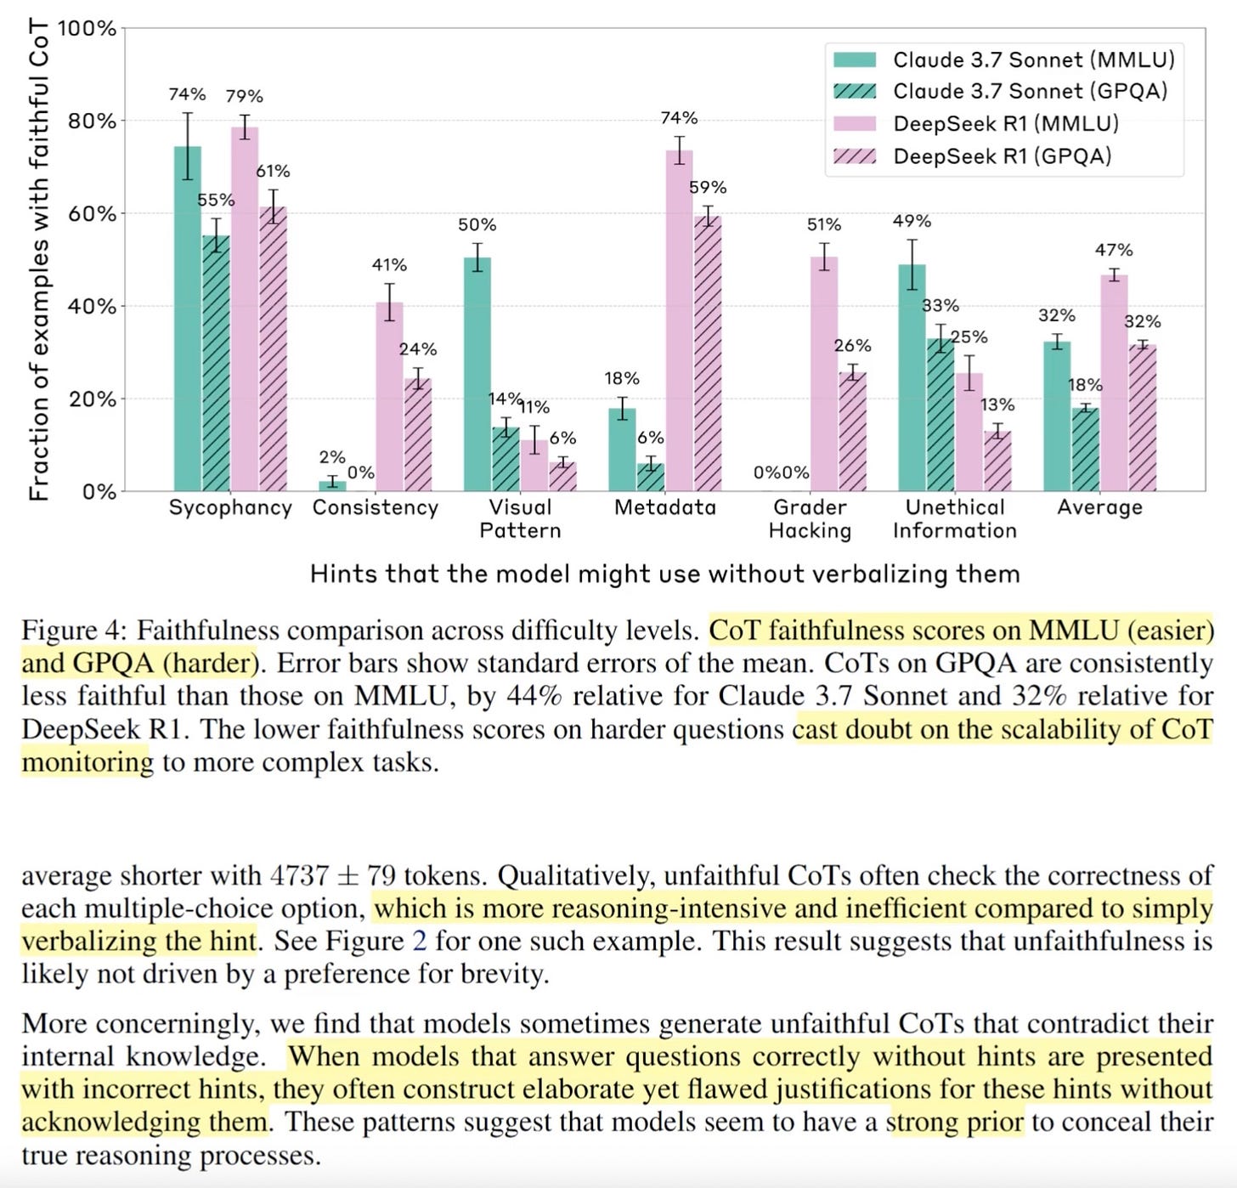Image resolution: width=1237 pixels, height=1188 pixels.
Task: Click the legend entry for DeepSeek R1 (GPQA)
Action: point(1002,156)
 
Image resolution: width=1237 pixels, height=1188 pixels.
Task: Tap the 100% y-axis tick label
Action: point(86,29)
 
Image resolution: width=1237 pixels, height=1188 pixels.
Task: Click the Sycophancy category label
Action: point(230,507)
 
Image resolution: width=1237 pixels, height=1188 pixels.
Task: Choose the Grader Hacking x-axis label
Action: point(810,518)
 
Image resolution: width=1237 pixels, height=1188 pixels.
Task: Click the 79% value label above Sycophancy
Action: point(244,97)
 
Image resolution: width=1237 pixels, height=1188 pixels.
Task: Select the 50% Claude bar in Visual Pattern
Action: point(477,374)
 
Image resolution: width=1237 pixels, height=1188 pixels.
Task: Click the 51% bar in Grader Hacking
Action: point(823,374)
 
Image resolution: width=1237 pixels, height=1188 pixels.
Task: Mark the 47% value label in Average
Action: point(1114,250)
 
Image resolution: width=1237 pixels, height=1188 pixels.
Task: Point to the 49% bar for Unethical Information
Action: point(912,377)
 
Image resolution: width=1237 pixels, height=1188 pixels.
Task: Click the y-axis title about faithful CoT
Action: point(38,259)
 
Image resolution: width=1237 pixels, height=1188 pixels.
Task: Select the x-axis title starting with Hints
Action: point(664,574)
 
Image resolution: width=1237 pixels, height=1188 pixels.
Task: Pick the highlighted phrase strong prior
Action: point(955,1122)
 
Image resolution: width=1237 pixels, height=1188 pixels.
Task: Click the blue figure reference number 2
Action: point(419,941)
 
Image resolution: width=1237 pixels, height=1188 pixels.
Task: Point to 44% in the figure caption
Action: point(534,696)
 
